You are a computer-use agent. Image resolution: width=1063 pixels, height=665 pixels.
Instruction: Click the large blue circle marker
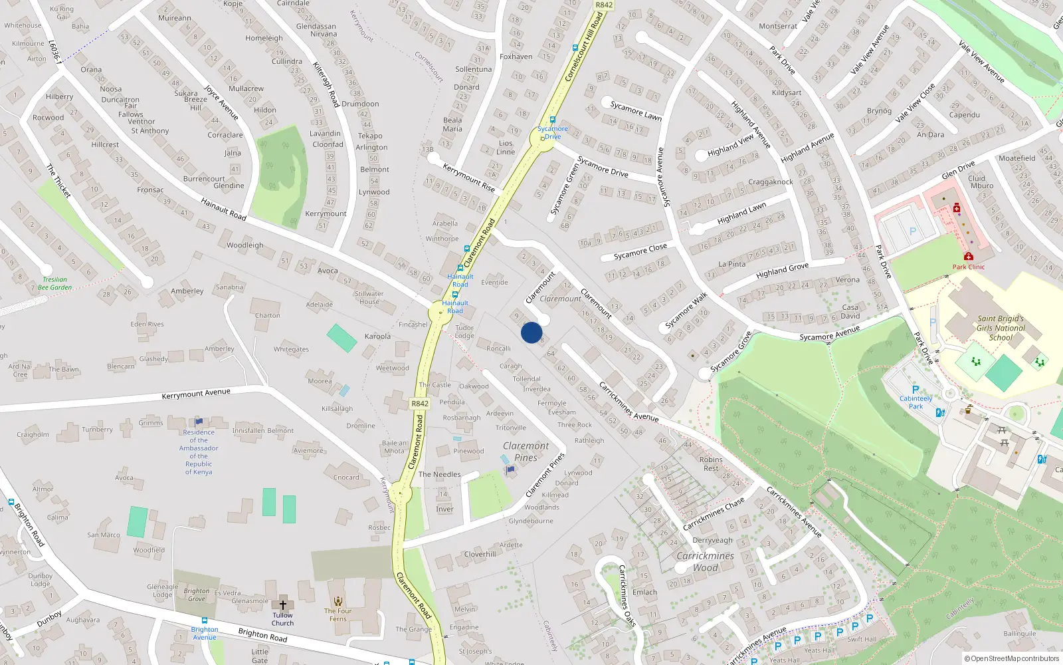[531, 332]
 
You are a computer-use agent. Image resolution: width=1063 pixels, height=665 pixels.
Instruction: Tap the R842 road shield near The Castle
[420, 404]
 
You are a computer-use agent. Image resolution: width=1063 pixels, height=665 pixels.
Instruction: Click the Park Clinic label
[968, 267]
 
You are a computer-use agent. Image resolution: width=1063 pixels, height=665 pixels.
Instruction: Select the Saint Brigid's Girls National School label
[1001, 328]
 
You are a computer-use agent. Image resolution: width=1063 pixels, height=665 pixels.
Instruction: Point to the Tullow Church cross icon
[282, 605]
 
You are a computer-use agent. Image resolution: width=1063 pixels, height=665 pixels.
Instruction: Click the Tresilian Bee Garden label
[55, 284]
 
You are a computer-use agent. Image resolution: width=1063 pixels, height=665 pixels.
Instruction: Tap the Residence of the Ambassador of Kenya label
[199, 452]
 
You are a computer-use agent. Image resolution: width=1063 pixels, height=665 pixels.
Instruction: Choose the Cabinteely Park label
[916, 402]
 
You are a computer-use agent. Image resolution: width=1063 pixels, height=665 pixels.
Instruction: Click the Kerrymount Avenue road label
[196, 394]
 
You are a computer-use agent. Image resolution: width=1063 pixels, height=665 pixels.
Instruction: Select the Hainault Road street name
[223, 209]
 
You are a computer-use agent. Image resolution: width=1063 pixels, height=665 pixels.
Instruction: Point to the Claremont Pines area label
[526, 452]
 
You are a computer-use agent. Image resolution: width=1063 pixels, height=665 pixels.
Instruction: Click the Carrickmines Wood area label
[705, 562]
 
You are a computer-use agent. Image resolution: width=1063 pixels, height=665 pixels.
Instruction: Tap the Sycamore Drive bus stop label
[553, 132]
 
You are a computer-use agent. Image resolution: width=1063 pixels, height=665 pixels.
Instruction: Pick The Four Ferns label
[338, 614]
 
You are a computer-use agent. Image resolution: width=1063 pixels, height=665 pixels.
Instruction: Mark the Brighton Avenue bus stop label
[205, 633]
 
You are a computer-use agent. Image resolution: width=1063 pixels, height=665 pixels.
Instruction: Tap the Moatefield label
[1016, 158]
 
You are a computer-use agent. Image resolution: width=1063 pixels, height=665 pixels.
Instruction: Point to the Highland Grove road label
[782, 270]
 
